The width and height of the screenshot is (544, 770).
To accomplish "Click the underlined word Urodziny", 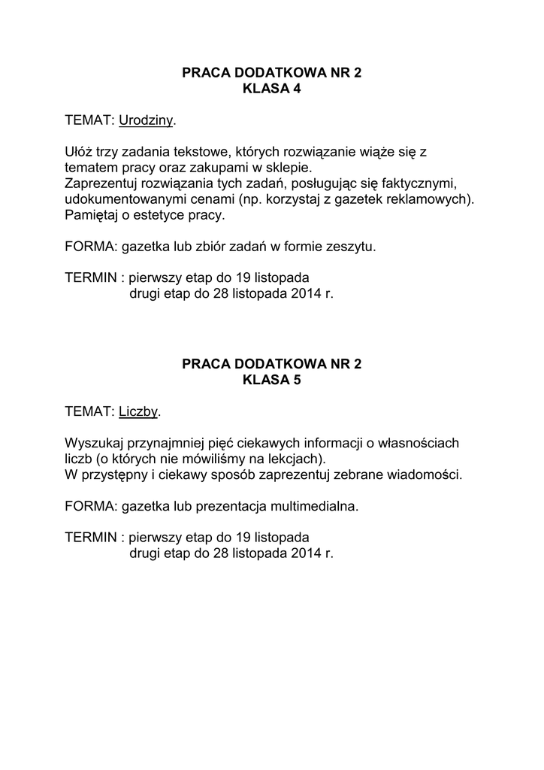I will pos(146,120).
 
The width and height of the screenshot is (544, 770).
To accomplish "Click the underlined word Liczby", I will pos(139,411).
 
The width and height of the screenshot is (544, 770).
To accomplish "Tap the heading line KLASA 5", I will pos(271,380).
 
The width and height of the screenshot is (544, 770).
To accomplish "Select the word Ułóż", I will pos(79,152).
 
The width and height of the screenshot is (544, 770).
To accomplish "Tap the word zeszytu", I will pos(351,247).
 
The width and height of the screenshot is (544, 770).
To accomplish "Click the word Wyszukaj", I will pos(94,443).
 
